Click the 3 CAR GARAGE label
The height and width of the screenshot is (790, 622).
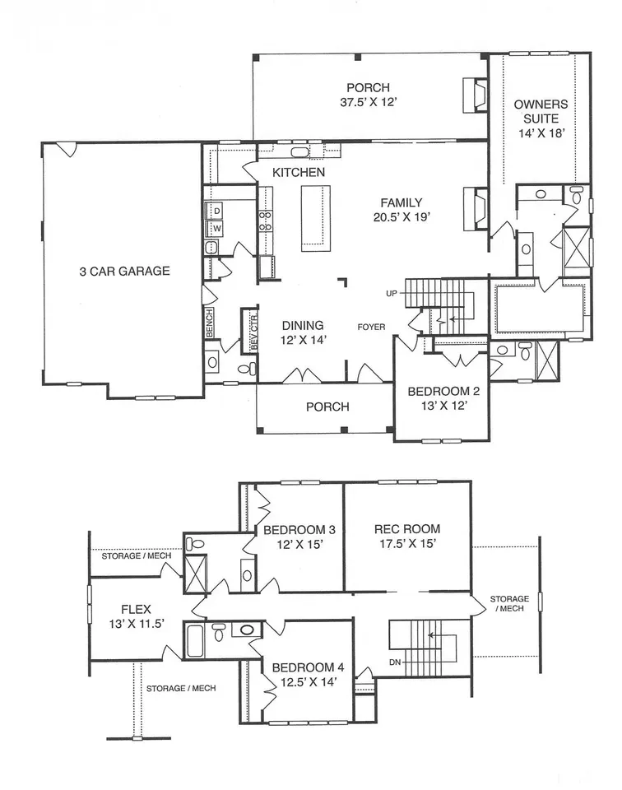click(124, 271)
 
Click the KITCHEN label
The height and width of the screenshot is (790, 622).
click(299, 172)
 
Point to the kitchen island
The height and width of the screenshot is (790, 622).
click(316, 217)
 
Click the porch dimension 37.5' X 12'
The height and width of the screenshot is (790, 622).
click(369, 102)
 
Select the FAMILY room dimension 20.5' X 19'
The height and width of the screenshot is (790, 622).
click(402, 217)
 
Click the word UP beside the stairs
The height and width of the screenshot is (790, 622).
click(392, 293)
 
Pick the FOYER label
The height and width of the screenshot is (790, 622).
click(371, 327)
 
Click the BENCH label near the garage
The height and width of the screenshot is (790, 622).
click(210, 323)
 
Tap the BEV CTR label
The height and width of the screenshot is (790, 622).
click(253, 332)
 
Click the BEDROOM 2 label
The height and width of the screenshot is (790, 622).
click(443, 391)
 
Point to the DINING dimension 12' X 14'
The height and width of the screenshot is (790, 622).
click(304, 340)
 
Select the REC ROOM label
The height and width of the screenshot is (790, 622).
click(407, 529)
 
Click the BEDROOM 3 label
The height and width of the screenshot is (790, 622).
click(299, 530)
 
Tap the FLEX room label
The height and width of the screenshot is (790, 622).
click(136, 609)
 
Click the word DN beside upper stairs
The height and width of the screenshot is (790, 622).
click(395, 662)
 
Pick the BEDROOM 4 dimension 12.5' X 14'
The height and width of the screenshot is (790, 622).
click(309, 682)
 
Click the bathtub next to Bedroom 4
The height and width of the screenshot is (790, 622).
click(195, 640)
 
